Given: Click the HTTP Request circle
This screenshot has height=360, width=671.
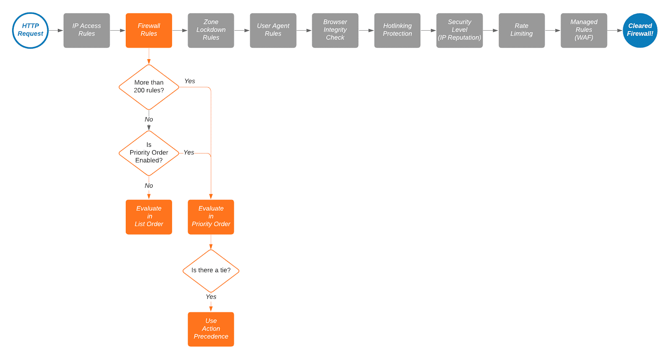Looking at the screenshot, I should click(x=30, y=30).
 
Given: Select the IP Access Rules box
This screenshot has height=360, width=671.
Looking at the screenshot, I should click(x=86, y=30).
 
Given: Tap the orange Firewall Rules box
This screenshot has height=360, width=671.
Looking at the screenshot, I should click(x=148, y=30).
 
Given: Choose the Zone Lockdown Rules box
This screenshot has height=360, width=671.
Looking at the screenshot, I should click(x=211, y=30).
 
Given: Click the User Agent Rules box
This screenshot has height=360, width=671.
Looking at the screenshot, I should click(x=273, y=30).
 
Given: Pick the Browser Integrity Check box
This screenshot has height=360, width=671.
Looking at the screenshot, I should click(x=335, y=30).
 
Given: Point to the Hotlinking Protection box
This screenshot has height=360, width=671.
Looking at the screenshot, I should click(x=397, y=30).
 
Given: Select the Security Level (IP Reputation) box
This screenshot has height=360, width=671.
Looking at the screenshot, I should click(x=459, y=30).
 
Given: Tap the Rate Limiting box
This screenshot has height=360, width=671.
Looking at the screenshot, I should click(x=521, y=30).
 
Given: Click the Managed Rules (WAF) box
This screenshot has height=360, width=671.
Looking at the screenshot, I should click(x=583, y=30).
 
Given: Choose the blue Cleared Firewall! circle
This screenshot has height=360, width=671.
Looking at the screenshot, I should click(x=640, y=30).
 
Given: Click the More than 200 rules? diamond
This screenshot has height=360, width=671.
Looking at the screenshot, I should click(x=148, y=87).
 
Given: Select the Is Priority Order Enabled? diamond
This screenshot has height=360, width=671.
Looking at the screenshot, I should click(x=148, y=153).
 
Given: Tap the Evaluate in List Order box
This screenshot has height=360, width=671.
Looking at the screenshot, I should click(x=148, y=217).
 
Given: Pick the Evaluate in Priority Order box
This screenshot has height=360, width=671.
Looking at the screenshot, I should click(x=211, y=217).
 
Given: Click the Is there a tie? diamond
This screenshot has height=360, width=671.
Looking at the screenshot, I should click(x=211, y=271).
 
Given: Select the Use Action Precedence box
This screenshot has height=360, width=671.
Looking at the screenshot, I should click(x=211, y=329).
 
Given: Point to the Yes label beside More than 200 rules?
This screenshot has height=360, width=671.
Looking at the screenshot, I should click(x=190, y=81).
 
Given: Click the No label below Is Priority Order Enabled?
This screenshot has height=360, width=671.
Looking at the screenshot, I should click(x=148, y=185).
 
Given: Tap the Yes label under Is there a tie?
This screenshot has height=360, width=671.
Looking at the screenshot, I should click(x=211, y=297).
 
